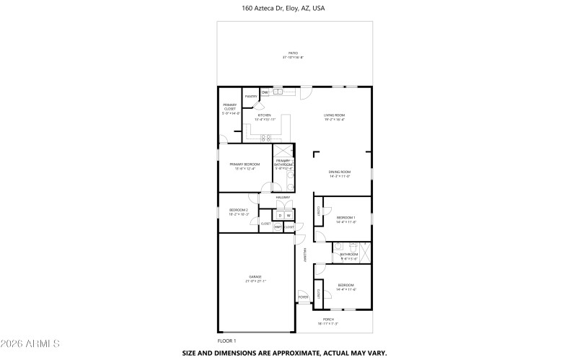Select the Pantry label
click(251, 96)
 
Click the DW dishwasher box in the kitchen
click(265, 92)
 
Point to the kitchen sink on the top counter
click(278, 92)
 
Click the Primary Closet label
click(229, 109)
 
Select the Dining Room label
click(340, 173)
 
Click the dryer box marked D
click(280, 215)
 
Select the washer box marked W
click(288, 215)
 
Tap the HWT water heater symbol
click(278, 227)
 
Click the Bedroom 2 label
click(239, 211)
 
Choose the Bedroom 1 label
click(346, 219)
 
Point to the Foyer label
click(303, 297)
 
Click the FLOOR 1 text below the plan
click(226, 341)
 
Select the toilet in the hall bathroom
click(338, 246)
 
